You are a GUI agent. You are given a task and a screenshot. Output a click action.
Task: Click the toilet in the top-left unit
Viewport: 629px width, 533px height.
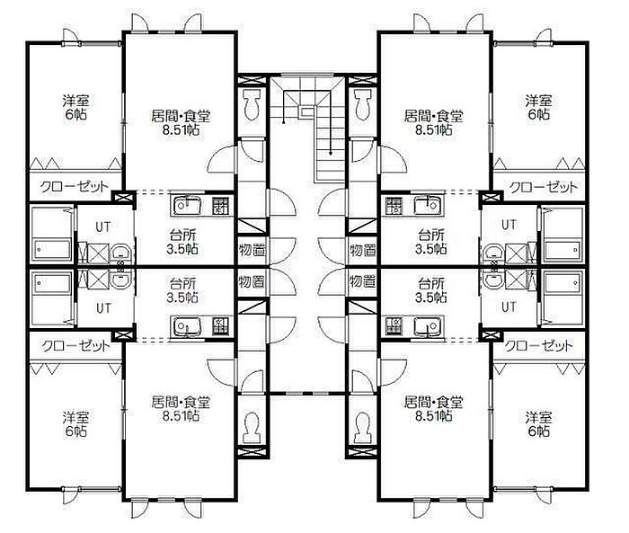pyautogui.click(x=252, y=104)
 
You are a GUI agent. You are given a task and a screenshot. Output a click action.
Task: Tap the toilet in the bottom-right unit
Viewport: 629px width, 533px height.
pyautogui.click(x=363, y=427)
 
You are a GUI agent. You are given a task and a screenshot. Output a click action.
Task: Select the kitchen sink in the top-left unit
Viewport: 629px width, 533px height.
pyautogui.click(x=187, y=205)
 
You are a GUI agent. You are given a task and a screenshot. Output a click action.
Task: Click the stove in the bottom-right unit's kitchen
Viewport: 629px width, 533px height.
pyautogui.click(x=394, y=325)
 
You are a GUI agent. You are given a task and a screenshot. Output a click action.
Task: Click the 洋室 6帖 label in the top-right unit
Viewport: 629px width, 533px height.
pyautogui.click(x=539, y=107)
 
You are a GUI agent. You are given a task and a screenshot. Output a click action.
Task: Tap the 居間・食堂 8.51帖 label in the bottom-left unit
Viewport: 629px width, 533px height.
pyautogui.click(x=181, y=409)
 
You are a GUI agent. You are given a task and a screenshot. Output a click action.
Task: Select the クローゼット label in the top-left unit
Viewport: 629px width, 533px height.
pyautogui.click(x=75, y=187)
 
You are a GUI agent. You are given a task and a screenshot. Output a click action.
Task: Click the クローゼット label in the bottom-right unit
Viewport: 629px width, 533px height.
pyautogui.click(x=538, y=345)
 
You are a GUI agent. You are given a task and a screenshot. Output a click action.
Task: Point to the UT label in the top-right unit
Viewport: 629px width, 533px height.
pyautogui.click(x=509, y=226)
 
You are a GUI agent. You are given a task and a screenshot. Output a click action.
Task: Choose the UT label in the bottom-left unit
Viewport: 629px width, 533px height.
pyautogui.click(x=103, y=308)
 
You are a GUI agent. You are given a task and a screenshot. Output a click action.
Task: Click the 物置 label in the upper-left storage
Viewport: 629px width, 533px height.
pyautogui.click(x=252, y=250)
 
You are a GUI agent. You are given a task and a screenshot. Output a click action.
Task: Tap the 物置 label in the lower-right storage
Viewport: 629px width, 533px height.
pyautogui.click(x=362, y=281)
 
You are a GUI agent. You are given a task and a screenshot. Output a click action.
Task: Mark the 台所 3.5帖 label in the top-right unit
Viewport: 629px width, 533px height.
pyautogui.click(x=430, y=242)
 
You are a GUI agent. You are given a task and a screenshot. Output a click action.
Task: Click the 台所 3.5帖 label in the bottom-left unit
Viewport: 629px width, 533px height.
pyautogui.click(x=182, y=290)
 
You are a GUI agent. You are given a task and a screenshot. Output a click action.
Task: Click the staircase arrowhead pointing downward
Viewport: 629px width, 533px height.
pyautogui.click(x=331, y=153)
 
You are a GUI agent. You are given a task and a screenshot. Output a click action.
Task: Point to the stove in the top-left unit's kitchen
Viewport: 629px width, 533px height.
pyautogui.click(x=221, y=205)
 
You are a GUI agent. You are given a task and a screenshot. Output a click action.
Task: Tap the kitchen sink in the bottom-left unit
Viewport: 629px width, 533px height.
pyautogui.click(x=187, y=325)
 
